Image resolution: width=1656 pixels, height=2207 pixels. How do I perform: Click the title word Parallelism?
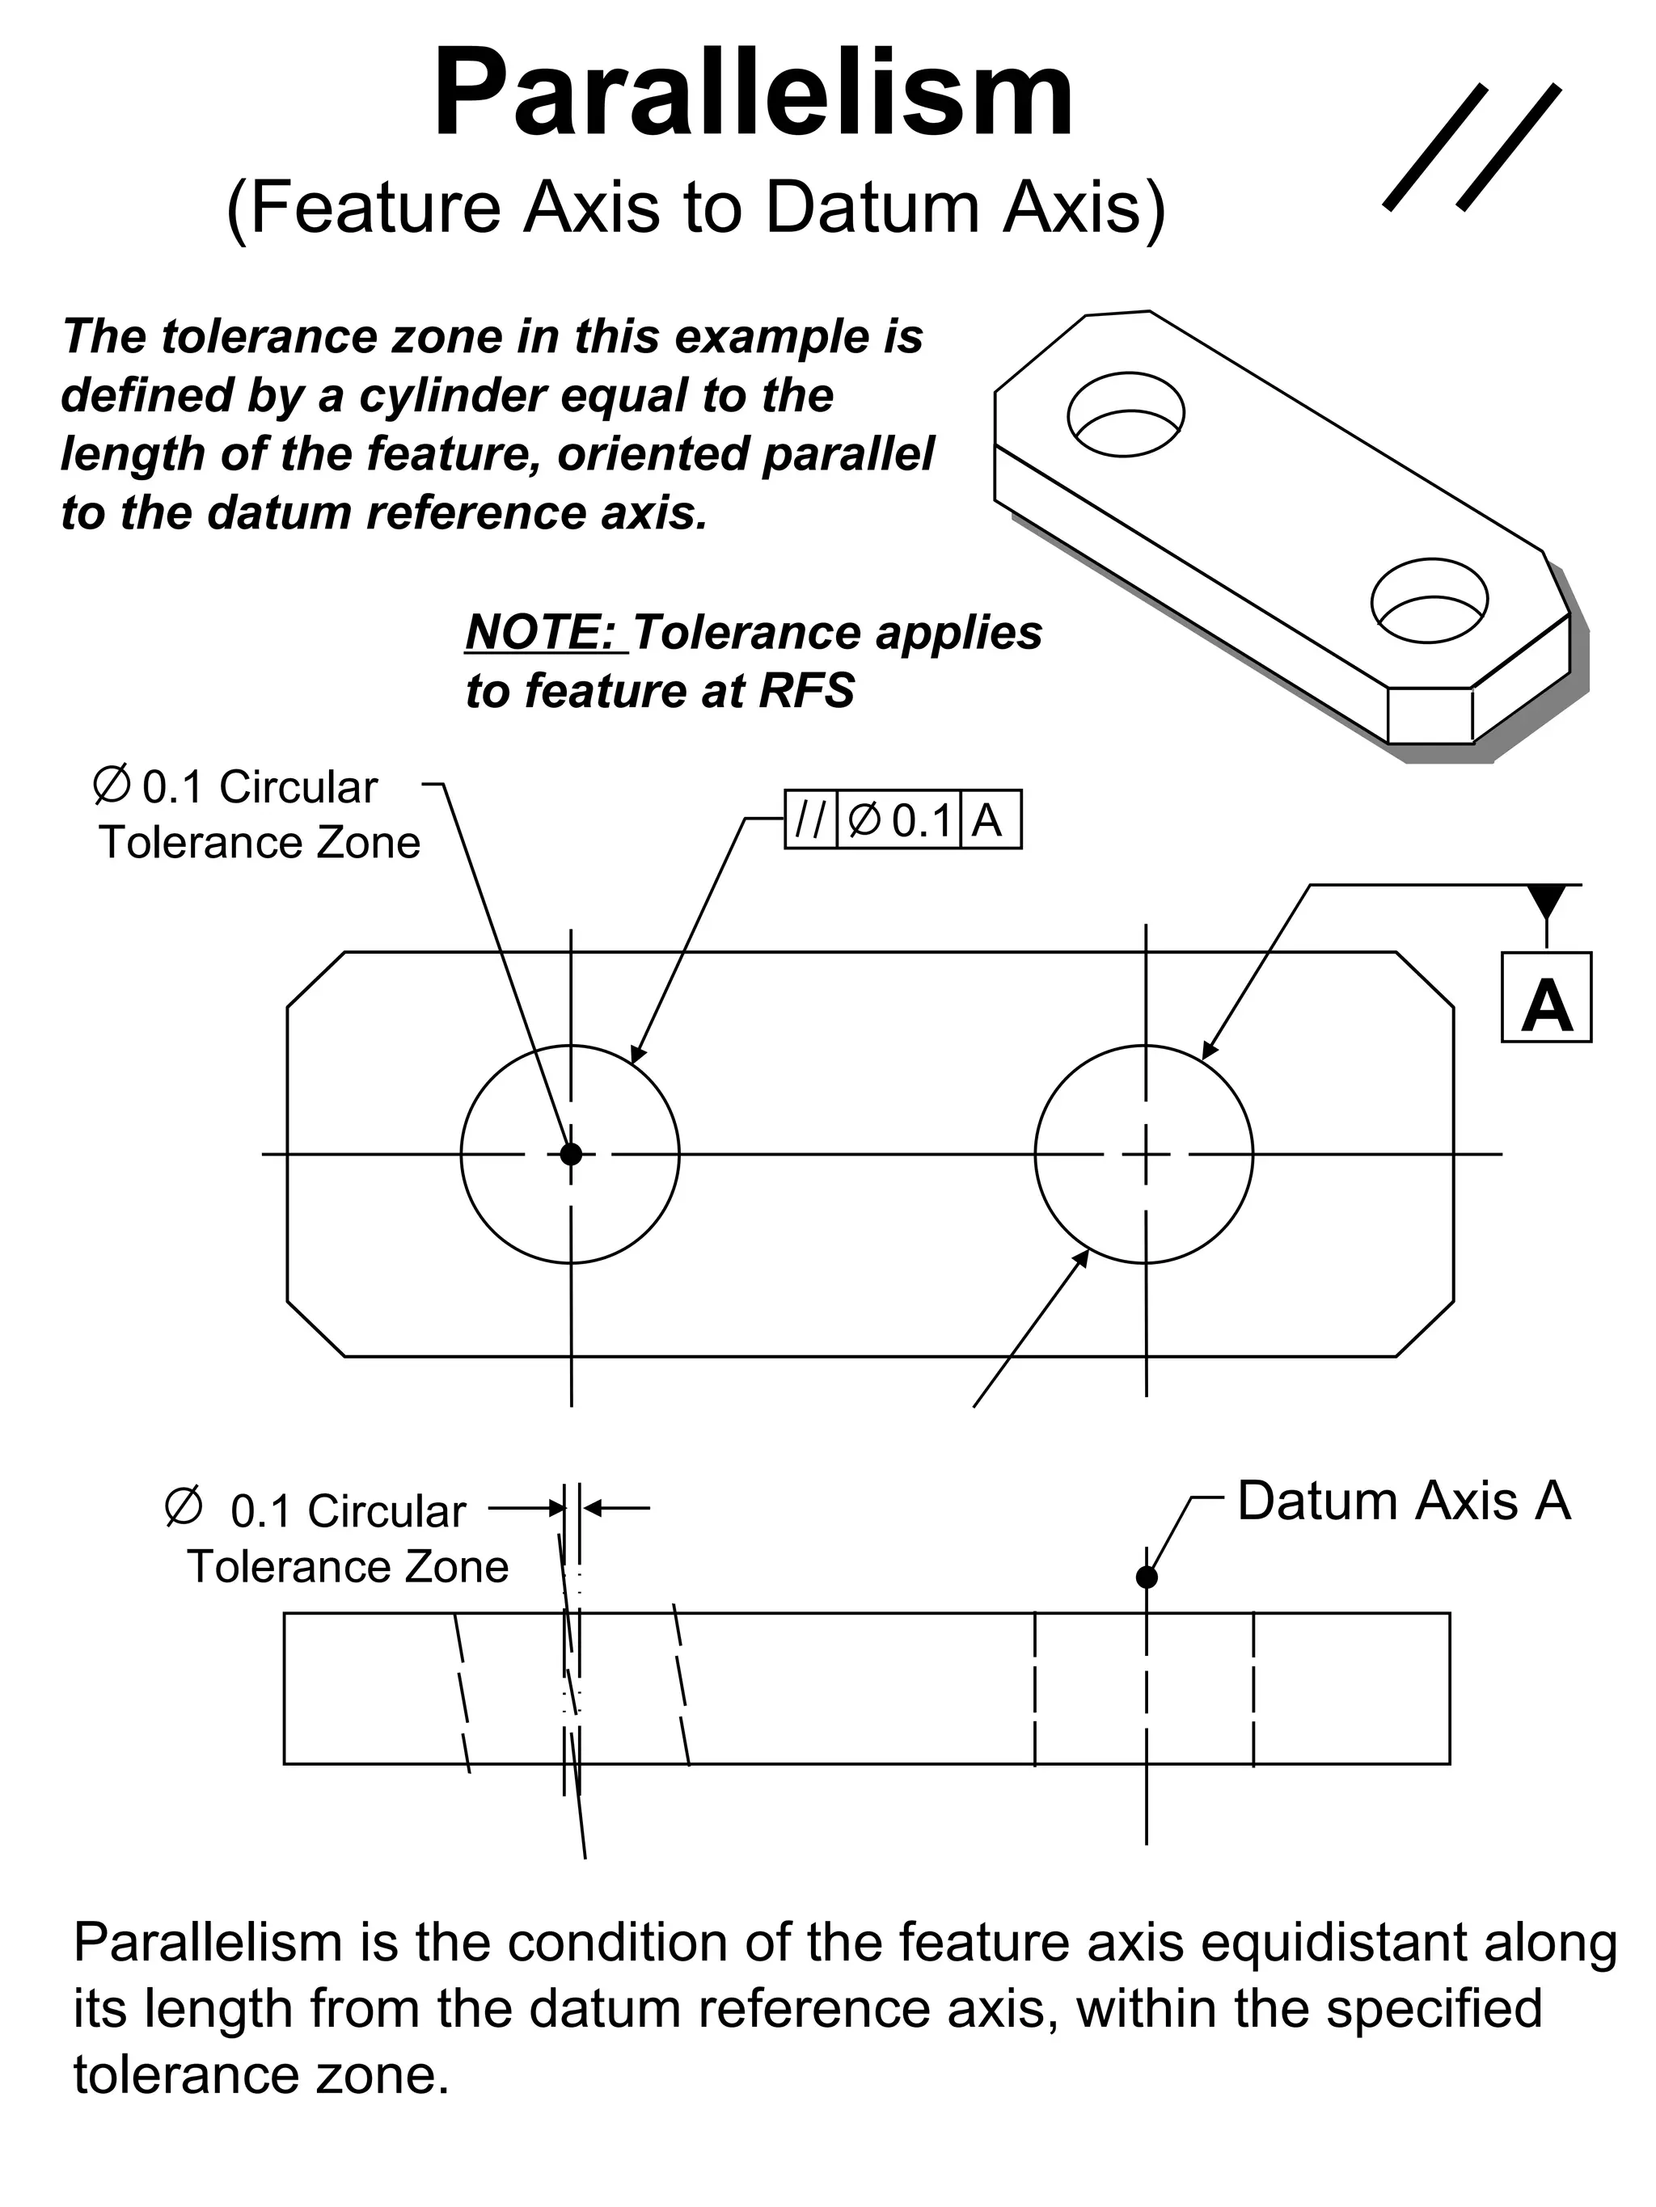click(754, 95)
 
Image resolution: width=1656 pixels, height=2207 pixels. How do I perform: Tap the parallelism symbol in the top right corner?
click(1472, 146)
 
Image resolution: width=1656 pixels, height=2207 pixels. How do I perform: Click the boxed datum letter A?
click(1545, 998)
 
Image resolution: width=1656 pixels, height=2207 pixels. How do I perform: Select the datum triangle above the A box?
click(1546, 901)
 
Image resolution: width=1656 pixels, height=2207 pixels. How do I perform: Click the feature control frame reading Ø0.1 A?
click(902, 820)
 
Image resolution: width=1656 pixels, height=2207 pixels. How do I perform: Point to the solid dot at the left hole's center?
click(570, 1154)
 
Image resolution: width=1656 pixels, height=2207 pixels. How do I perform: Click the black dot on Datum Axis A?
click(1146, 1577)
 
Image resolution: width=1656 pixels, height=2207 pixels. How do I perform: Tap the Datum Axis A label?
click(1402, 1502)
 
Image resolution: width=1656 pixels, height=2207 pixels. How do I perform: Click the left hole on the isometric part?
click(1125, 414)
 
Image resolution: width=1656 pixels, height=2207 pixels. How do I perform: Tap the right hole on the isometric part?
click(1429, 600)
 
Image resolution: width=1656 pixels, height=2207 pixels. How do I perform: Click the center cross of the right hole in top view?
click(1145, 1154)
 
